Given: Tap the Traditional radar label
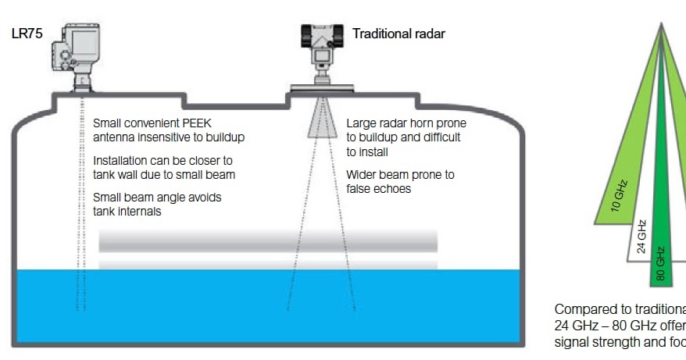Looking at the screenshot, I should point(398,34).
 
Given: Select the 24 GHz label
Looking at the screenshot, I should point(641,237).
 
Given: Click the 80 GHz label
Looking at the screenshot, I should point(661,263).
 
